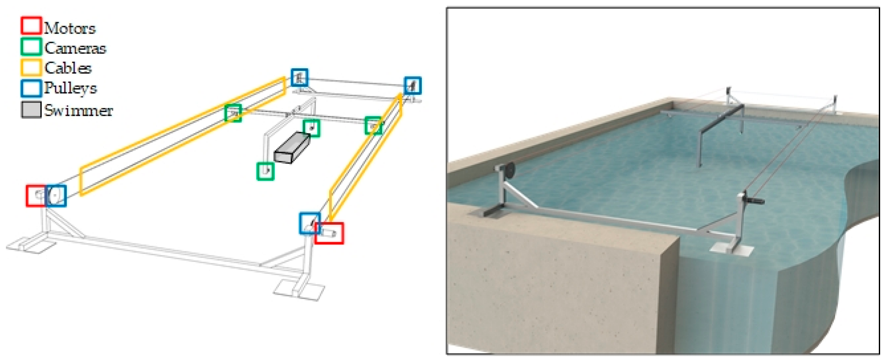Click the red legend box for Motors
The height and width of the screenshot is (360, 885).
[x=31, y=26]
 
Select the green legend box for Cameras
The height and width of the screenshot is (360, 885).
[x=31, y=46]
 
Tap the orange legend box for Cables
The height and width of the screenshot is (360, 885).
[x=31, y=67]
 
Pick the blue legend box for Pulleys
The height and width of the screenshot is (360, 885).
[x=31, y=88]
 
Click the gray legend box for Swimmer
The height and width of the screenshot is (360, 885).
[x=31, y=110]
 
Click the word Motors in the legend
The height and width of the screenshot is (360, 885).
[x=70, y=28]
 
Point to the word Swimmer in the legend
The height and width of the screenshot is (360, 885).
[x=79, y=110]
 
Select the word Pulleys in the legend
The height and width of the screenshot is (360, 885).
[x=71, y=88]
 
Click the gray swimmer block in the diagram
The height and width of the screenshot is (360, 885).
[x=292, y=148]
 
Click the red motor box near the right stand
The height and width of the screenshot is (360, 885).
[x=329, y=233]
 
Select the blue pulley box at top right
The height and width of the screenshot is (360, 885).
[x=413, y=85]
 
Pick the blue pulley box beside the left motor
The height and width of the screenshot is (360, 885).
[x=56, y=196]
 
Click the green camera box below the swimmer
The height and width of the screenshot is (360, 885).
[x=265, y=171]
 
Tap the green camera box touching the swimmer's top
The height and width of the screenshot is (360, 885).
[x=311, y=128]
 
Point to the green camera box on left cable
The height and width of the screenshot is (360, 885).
[x=233, y=113]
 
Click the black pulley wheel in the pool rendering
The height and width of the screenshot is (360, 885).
[x=510, y=171]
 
